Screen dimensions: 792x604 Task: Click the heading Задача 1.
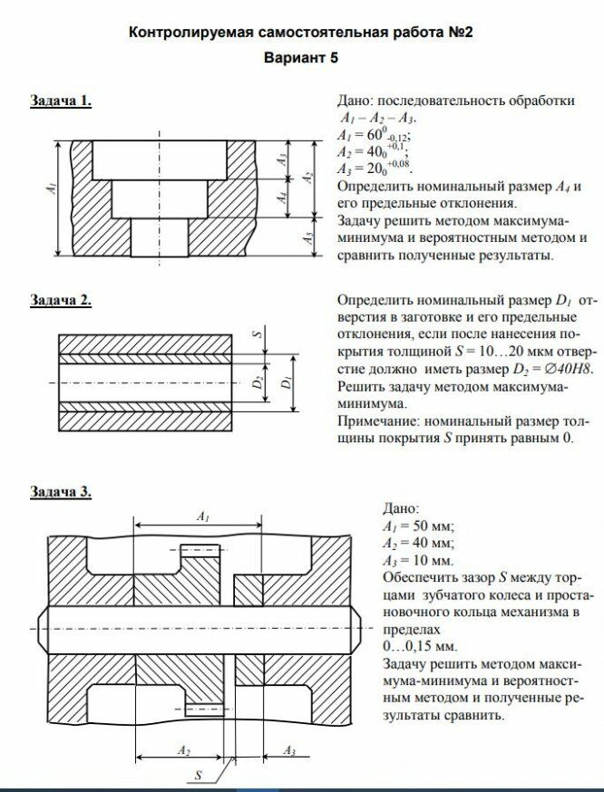[62, 101]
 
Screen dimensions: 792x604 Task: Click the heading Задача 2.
[62, 300]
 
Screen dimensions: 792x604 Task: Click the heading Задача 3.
[62, 492]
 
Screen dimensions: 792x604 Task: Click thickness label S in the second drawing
[258, 333]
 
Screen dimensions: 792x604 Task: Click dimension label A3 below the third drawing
[289, 750]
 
